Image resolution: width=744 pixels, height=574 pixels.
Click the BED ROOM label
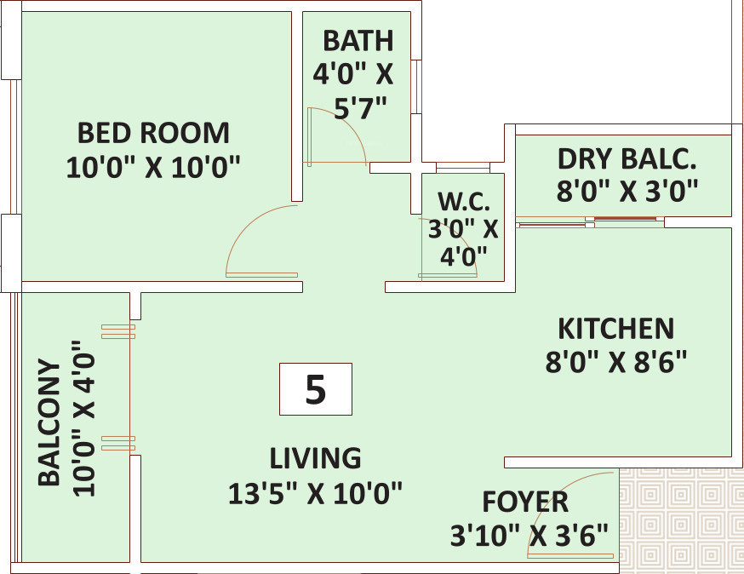[x=153, y=133]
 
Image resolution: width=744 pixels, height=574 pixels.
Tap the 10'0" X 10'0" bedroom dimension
[x=153, y=167]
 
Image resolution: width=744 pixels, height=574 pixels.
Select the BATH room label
[x=358, y=41]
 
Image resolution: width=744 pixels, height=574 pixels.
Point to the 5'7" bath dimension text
[x=361, y=108]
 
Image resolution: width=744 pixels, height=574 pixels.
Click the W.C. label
[x=464, y=201]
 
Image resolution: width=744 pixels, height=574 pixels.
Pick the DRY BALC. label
[x=627, y=159]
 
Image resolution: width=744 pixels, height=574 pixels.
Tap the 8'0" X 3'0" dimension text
[x=627, y=191]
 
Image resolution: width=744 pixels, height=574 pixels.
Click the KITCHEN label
[x=616, y=329]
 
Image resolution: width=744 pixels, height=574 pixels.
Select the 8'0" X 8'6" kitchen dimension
[x=616, y=362]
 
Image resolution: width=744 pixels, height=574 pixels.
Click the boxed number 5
[x=316, y=389]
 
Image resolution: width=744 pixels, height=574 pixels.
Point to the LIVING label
[x=316, y=458]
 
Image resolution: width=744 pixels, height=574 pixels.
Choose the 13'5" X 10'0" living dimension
[x=316, y=493]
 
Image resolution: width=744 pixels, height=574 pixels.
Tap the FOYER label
[x=525, y=502]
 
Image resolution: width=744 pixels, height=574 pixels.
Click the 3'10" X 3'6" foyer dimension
[x=529, y=536]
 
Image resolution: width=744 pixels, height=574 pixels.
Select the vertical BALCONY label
[x=49, y=422]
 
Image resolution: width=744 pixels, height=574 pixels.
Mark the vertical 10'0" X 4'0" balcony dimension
[x=84, y=419]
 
